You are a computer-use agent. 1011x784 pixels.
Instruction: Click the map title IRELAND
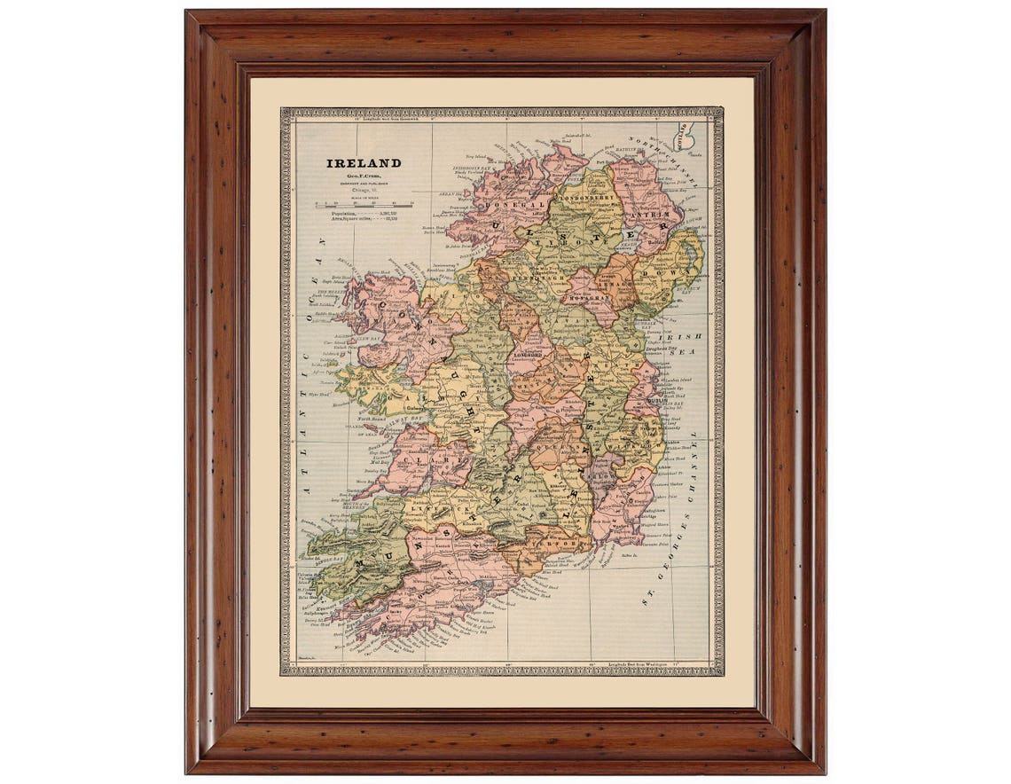click(x=364, y=163)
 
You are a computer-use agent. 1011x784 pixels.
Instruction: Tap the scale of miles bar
click(x=363, y=205)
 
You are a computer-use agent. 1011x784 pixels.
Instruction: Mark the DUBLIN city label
click(x=657, y=400)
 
